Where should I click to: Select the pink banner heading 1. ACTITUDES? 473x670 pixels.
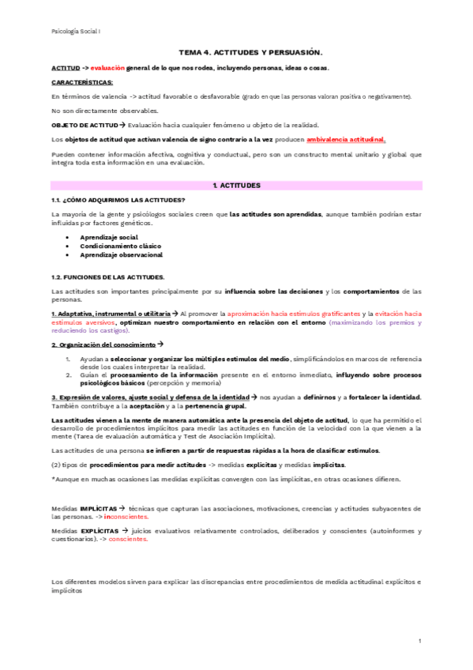(x=236, y=185)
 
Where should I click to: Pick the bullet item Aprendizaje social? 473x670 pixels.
(x=108, y=237)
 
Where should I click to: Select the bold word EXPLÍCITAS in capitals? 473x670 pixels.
(x=99, y=532)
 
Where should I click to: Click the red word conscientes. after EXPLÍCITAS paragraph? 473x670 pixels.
(x=127, y=540)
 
